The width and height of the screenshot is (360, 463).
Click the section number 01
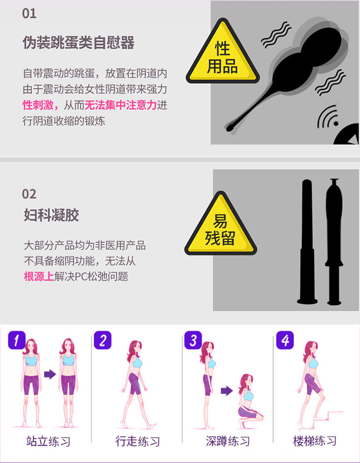click(x=29, y=14)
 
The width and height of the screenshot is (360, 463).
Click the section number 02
click(x=29, y=194)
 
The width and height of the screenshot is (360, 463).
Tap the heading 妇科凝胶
click(x=51, y=215)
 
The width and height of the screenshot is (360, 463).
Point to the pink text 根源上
click(x=39, y=277)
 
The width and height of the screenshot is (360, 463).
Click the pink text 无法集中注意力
click(x=121, y=105)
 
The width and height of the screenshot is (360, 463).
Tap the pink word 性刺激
click(x=38, y=105)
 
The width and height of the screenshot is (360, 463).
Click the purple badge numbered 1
click(x=16, y=340)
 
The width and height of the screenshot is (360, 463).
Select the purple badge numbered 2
click(x=103, y=340)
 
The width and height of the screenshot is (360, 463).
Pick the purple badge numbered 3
click(x=193, y=340)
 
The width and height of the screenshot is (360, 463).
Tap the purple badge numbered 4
click(x=285, y=340)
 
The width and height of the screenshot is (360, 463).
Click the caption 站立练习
click(x=48, y=442)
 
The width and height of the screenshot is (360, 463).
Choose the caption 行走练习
click(x=138, y=442)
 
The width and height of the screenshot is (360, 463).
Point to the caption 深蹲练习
click(x=227, y=442)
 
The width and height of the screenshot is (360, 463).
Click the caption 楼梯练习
click(x=314, y=441)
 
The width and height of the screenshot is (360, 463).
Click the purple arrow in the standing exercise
click(x=50, y=374)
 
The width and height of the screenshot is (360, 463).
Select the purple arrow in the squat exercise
click(x=226, y=391)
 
